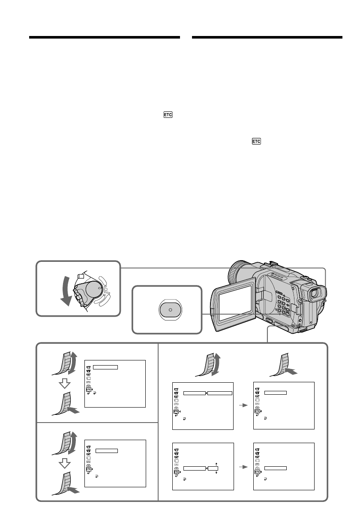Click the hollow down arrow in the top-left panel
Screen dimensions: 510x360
click(63, 384)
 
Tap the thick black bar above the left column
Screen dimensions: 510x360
click(104, 38)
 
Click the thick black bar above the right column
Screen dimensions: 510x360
click(267, 38)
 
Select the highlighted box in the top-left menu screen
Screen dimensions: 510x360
click(105, 367)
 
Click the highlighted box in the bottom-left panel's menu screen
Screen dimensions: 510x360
click(107, 450)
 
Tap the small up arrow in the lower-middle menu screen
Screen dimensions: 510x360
click(216, 463)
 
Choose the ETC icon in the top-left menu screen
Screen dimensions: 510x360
click(88, 389)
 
